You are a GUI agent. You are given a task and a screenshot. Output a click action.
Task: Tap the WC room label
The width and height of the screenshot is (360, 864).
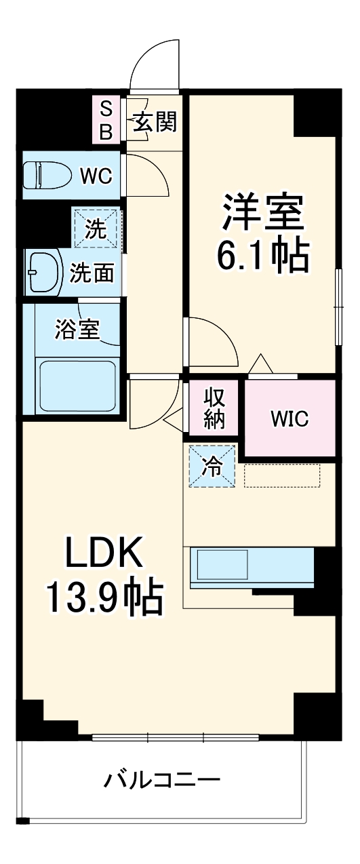96,176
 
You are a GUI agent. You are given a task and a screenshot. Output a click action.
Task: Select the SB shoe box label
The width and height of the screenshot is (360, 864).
106,120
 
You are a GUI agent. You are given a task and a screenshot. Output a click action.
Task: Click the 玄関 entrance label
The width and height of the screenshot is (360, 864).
155,122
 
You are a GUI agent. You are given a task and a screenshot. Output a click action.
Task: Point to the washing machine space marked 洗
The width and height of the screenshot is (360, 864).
96,229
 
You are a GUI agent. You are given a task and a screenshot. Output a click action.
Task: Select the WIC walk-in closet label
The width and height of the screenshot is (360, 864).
289,418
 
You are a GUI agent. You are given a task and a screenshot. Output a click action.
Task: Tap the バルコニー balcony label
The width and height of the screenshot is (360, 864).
161,781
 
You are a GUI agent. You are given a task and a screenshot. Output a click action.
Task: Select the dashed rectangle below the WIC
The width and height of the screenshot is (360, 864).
281,475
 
